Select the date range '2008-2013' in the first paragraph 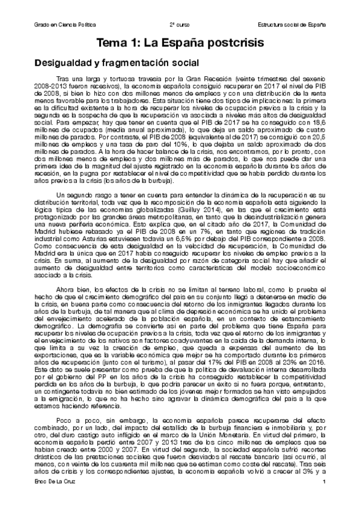pos(47,87)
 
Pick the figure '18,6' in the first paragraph pos(320,123)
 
